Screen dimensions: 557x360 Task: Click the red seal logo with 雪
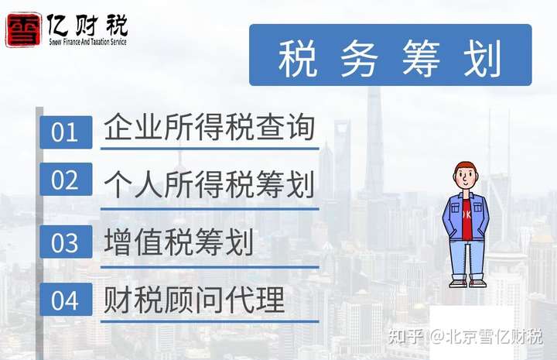[x=22, y=30]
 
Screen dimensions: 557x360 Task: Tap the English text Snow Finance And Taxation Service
[x=87, y=42]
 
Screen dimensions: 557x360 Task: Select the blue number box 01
[x=66, y=132]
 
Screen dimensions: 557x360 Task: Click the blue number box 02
[x=66, y=180]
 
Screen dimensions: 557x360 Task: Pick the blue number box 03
[x=66, y=242]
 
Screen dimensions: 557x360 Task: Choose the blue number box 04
[x=66, y=300]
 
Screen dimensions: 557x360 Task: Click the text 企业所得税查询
[x=210, y=127]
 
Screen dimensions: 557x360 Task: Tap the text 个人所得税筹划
[x=210, y=184]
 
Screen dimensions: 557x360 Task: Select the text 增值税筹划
[x=179, y=242]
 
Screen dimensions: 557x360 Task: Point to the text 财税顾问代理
[x=194, y=300]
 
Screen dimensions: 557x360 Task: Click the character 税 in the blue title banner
[x=297, y=58]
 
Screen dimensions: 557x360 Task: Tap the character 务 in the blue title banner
[x=359, y=58]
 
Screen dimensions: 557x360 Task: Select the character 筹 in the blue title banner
[x=422, y=58]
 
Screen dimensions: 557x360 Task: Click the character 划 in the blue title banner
[x=483, y=58]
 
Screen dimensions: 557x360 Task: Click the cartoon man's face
[x=466, y=178]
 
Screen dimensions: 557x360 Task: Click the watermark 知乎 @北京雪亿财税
[x=466, y=336]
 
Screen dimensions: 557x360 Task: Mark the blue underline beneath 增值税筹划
[x=210, y=267]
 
